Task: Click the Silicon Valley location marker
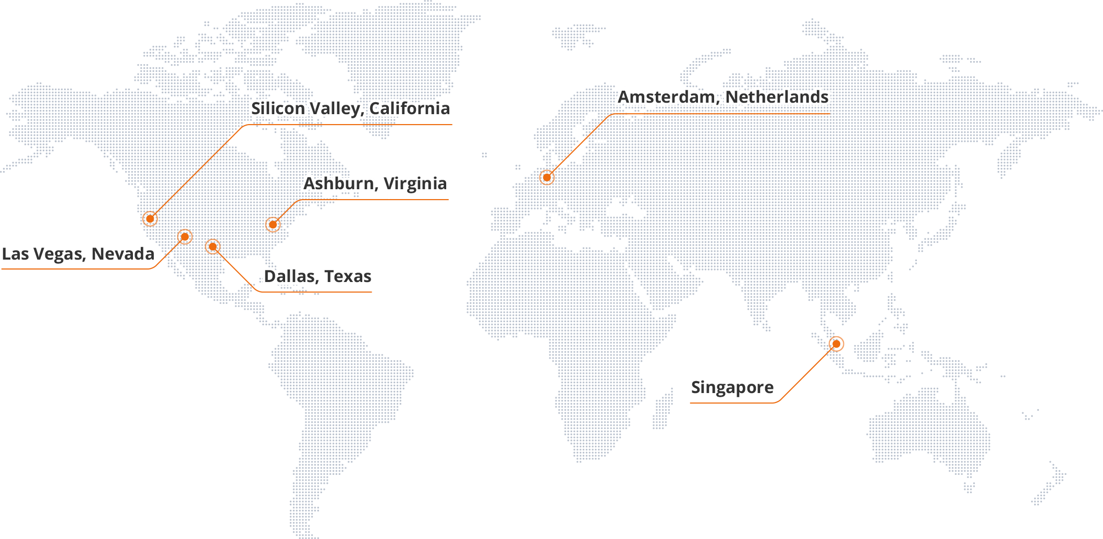pyautogui.click(x=150, y=218)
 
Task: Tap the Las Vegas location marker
pyautogui.click(x=185, y=237)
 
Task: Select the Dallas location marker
pyautogui.click(x=213, y=246)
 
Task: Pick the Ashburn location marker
pyautogui.click(x=273, y=225)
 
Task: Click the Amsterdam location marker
pyautogui.click(x=547, y=178)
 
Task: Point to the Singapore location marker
pyautogui.click(x=836, y=344)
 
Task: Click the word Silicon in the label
pyautogui.click(x=277, y=108)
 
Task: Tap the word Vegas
pyautogui.click(x=62, y=254)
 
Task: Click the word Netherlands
pyautogui.click(x=777, y=97)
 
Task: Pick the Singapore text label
pyautogui.click(x=732, y=388)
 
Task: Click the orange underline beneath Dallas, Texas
pyautogui.click(x=317, y=292)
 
